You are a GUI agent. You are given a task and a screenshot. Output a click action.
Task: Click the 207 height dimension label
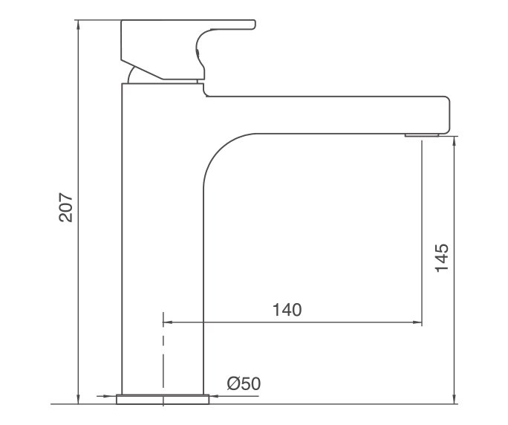pyautogui.click(x=65, y=209)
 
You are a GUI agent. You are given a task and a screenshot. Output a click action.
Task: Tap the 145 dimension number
pyautogui.click(x=442, y=258)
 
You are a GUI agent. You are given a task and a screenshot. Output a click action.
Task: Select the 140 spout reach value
pyautogui.click(x=287, y=310)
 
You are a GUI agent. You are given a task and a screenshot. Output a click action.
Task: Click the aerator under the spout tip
pyautogui.click(x=423, y=134)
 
